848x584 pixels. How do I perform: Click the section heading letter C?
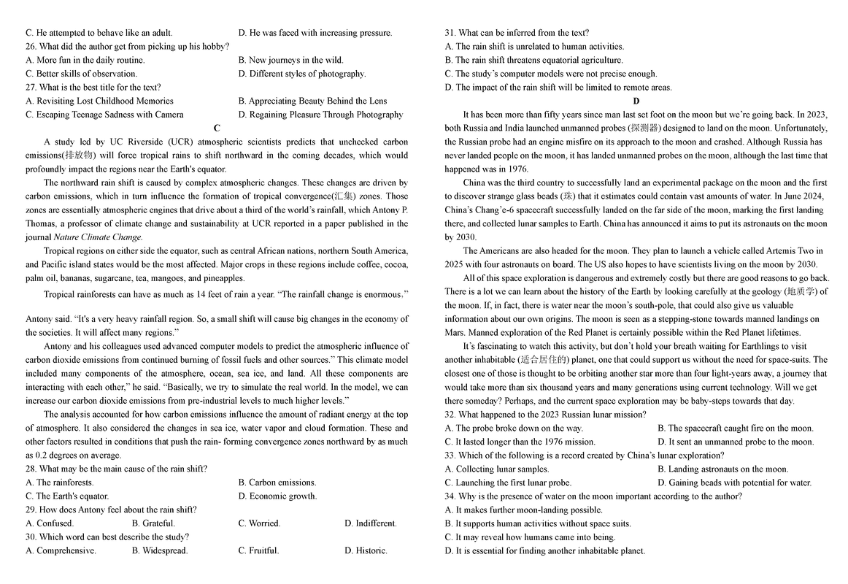click(x=217, y=128)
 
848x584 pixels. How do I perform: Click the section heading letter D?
click(x=636, y=101)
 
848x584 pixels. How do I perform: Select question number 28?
click(x=31, y=469)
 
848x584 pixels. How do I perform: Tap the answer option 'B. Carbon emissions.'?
click(x=277, y=483)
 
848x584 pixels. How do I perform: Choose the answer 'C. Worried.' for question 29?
click(x=258, y=523)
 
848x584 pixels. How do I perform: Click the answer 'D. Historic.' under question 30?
click(x=366, y=550)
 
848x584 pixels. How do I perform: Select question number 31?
click(x=451, y=33)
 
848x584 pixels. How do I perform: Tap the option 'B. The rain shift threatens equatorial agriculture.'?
click(x=533, y=60)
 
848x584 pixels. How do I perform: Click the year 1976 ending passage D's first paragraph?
click(x=518, y=169)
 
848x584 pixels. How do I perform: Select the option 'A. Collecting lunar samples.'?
click(x=497, y=469)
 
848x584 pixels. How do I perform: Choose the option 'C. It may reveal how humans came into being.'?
click(x=530, y=537)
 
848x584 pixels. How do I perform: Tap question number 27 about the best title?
click(x=31, y=87)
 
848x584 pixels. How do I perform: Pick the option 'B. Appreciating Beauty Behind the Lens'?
click(x=312, y=101)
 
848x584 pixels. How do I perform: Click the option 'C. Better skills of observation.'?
click(x=81, y=73)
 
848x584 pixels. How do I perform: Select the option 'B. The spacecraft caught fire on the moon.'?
click(x=735, y=428)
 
